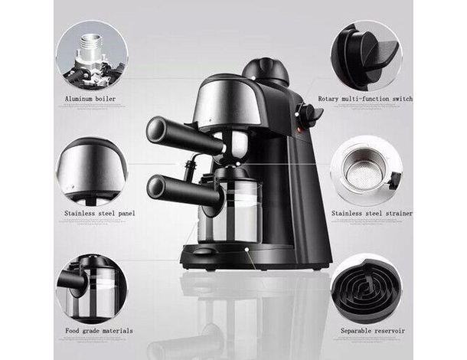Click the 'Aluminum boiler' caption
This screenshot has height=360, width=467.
click(x=90, y=99)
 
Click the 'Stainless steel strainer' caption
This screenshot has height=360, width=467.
click(x=371, y=213)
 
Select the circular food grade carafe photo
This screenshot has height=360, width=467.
click(x=91, y=287)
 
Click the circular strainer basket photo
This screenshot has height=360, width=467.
click(x=366, y=170)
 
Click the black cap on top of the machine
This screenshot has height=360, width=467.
click(x=265, y=71)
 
